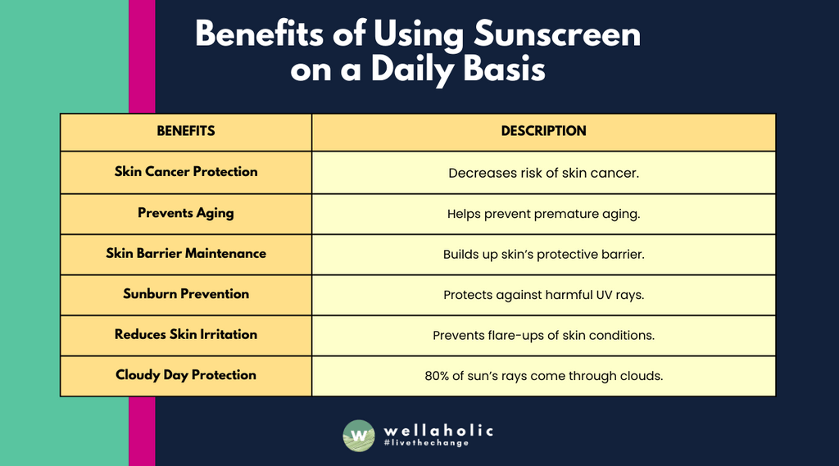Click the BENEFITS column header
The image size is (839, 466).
[x=186, y=131]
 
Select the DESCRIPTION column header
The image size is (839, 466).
[x=543, y=131]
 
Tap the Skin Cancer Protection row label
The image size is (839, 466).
[x=186, y=172]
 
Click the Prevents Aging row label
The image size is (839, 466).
[x=186, y=213]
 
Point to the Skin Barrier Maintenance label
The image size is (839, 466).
[x=186, y=254]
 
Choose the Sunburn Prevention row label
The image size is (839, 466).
[x=186, y=294]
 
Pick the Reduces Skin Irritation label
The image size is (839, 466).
[x=186, y=334]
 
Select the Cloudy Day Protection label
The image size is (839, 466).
[x=186, y=375]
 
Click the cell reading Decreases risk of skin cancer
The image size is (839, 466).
[x=543, y=173]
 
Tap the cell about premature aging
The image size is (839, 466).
[x=543, y=214]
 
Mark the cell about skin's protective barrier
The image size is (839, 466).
[x=543, y=254]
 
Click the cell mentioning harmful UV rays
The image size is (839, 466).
[x=543, y=295]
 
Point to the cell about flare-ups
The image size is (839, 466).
[x=543, y=335]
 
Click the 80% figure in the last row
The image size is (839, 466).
[x=438, y=376]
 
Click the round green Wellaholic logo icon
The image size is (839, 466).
[x=359, y=435]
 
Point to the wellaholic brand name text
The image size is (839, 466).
[x=438, y=429]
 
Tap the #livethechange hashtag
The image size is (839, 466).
[x=426, y=443]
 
